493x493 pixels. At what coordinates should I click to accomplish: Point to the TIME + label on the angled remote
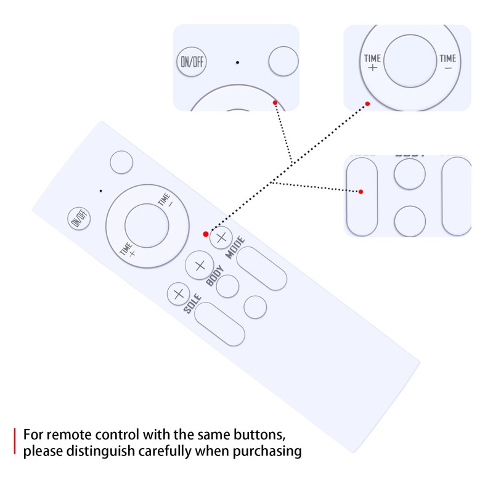(128, 250)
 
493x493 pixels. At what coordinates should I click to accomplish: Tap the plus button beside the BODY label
(199, 266)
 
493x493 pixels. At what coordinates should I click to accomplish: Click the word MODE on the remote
(235, 248)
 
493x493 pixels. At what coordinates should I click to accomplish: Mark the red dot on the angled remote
(206, 234)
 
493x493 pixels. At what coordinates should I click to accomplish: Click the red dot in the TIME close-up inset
(367, 104)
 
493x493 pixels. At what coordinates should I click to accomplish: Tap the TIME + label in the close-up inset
(373, 62)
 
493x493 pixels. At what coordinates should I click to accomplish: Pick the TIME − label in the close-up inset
(448, 62)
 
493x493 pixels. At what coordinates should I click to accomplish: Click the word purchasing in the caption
(269, 452)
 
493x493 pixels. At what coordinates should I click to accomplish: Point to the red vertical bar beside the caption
(14, 442)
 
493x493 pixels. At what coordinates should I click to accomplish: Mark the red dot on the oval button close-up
(361, 192)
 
